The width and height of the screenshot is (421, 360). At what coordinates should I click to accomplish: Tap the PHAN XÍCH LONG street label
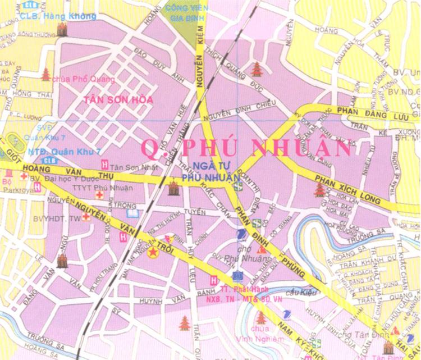point(347,189)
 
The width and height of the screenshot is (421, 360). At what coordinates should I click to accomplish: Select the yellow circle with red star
point(152,253)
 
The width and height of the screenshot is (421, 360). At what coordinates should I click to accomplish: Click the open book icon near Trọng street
point(132,213)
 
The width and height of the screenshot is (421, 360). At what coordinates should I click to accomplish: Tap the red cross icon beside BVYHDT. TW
point(86,217)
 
